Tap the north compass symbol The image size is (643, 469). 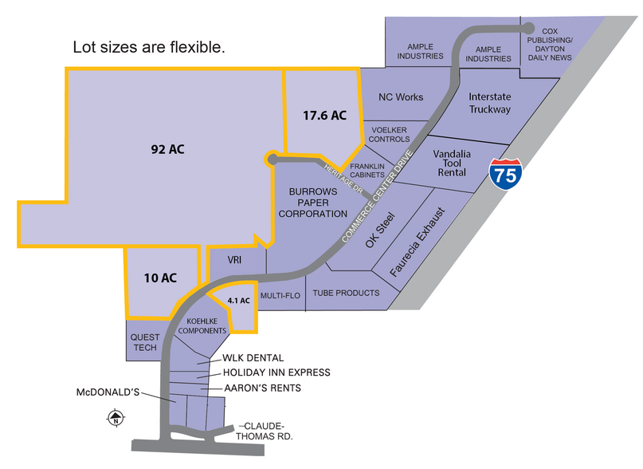pos(116,417)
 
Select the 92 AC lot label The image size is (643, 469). pos(169,148)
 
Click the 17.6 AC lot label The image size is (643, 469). pos(324,115)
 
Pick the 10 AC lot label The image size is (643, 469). pos(160,278)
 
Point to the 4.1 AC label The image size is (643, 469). pos(239,301)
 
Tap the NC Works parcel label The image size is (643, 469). pos(401,97)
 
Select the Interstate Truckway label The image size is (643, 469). pos(489,103)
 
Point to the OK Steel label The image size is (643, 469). pos(380,231)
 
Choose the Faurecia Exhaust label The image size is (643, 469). pos(417,242)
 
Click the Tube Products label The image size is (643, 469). pos(346,293)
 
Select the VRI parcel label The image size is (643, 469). pos(234,260)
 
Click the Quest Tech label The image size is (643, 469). pos(145,342)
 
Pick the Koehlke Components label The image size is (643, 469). pos(202,325)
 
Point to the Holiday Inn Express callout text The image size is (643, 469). pos(276,372)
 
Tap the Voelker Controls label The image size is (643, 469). pos(390,134)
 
